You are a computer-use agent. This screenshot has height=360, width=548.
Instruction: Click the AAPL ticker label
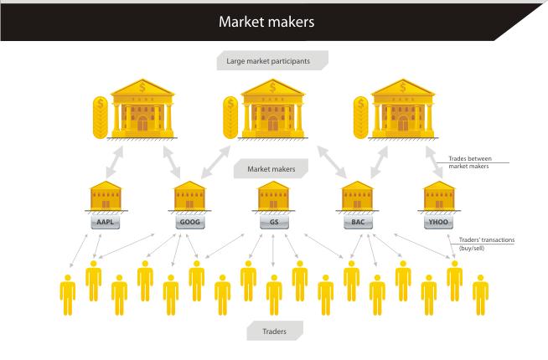(106, 222)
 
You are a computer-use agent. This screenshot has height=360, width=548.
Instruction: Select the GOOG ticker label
(189, 222)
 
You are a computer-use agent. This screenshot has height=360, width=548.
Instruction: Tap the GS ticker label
(274, 222)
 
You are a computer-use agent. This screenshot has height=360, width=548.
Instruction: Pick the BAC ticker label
(358, 222)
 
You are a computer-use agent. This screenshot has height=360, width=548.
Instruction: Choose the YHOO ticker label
(438, 222)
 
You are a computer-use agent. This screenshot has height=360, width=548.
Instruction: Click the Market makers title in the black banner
(266, 22)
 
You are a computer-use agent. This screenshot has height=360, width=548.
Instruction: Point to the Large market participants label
(268, 61)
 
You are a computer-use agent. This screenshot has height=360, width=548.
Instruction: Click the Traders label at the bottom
(274, 332)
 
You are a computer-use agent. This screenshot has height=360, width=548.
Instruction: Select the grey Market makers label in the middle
(271, 169)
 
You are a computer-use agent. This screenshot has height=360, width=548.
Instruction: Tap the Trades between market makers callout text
(470, 162)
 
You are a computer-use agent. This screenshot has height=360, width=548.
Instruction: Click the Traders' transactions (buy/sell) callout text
(486, 244)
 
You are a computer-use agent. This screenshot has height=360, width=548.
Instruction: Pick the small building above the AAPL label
(106, 196)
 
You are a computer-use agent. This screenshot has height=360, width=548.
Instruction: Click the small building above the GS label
(273, 196)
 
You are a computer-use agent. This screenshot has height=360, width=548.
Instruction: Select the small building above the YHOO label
(439, 196)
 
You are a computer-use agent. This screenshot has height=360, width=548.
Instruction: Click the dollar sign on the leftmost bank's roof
(142, 86)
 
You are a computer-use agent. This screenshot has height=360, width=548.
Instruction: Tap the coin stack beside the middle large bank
(230, 118)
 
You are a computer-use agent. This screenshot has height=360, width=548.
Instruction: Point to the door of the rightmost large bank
(403, 123)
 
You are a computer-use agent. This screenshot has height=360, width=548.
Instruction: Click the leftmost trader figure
(68, 295)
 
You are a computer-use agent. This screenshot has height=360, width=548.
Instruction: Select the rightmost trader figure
(481, 295)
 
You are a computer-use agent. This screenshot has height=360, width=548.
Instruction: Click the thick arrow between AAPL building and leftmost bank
(115, 162)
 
